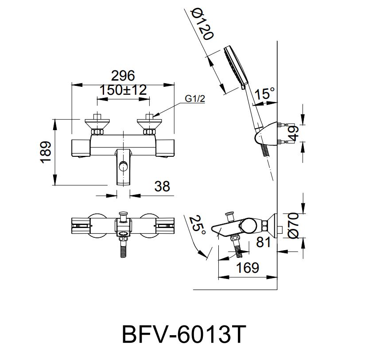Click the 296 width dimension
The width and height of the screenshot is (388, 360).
123,76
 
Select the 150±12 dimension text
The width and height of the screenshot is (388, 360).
123,90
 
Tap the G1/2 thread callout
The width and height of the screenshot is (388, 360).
195,99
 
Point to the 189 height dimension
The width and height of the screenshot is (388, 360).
46,152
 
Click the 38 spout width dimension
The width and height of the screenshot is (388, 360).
162,186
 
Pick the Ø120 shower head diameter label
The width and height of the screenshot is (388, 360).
202,24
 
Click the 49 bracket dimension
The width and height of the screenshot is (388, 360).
293,133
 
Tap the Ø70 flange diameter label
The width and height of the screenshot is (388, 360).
294,225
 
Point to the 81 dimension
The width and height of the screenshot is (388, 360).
264,242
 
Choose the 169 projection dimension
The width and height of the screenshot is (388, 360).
248,268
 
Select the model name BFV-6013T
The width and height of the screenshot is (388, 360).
184,334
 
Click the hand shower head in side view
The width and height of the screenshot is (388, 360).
236,67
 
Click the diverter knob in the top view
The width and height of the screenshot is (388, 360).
123,217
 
